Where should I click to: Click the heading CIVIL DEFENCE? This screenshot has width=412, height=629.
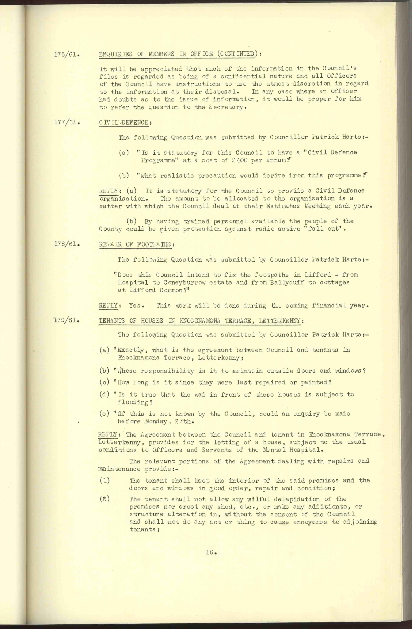coord(123,123)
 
